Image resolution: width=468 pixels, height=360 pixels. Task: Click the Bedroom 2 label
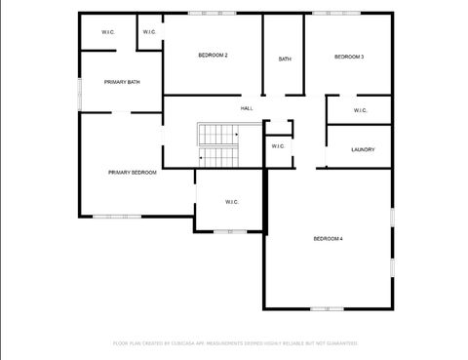pyautogui.click(x=213, y=56)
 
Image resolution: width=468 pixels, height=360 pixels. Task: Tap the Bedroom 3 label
pyautogui.click(x=349, y=57)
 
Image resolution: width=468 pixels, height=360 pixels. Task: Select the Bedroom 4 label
pyautogui.click(x=328, y=239)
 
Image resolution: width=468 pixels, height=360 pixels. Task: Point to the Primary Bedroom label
pyautogui.click(x=133, y=172)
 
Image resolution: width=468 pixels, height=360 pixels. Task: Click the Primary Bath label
pyautogui.click(x=122, y=82)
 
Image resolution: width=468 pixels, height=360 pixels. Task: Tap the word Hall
pyautogui.click(x=247, y=107)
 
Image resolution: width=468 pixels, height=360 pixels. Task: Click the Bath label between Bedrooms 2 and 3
pyautogui.click(x=285, y=59)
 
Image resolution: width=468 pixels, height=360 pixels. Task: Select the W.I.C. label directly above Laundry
pyautogui.click(x=360, y=110)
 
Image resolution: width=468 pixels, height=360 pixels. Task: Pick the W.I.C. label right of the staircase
pyautogui.click(x=278, y=146)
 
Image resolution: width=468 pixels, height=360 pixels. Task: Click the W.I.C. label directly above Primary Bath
pyautogui.click(x=108, y=32)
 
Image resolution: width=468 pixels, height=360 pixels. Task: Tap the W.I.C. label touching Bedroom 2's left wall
pyautogui.click(x=149, y=32)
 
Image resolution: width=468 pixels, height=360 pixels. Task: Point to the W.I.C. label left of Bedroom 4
pyautogui.click(x=232, y=202)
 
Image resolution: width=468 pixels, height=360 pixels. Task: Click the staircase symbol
pyautogui.click(x=218, y=145)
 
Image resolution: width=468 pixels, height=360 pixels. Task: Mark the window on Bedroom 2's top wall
pyautogui.click(x=212, y=13)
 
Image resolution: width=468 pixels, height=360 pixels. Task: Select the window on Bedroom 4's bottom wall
pyautogui.click(x=327, y=308)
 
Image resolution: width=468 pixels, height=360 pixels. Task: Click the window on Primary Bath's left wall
pyautogui.click(x=80, y=87)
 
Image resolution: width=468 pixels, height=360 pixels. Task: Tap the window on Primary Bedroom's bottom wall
pyautogui.click(x=117, y=216)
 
